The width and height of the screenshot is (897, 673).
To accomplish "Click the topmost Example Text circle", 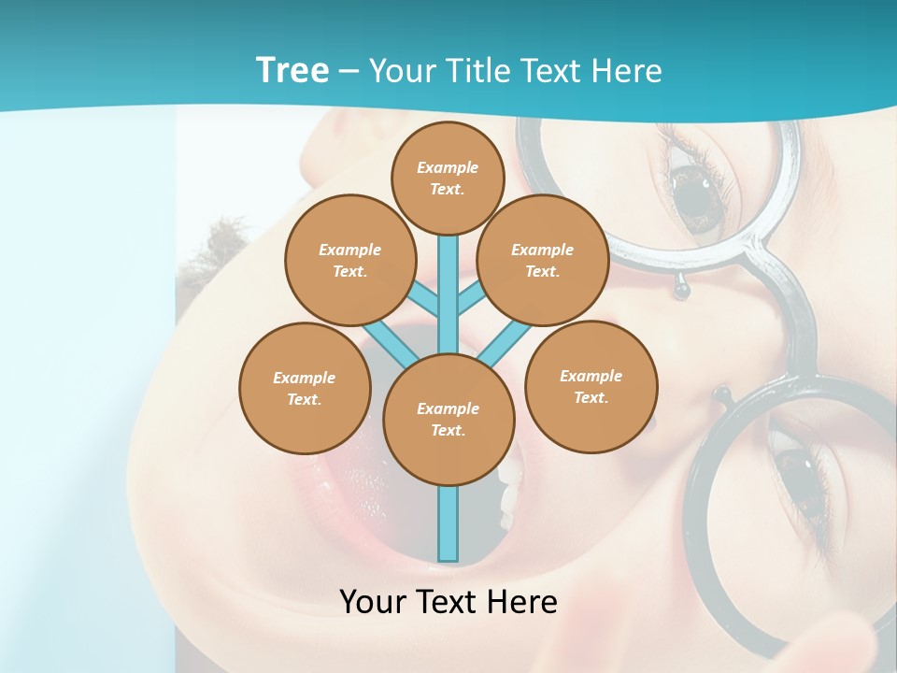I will click(x=448, y=178).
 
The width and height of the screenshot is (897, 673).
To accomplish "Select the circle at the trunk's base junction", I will click(x=448, y=419).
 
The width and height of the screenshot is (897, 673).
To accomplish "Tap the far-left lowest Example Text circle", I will click(x=305, y=388).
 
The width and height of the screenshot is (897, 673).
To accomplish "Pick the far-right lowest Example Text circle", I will click(x=591, y=386).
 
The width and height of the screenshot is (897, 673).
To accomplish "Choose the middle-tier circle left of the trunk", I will click(x=350, y=260).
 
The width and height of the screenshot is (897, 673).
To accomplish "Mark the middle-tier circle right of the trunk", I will click(x=543, y=260).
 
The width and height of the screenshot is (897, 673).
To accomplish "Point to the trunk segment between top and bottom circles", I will click(x=448, y=294).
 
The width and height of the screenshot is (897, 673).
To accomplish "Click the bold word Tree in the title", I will click(x=292, y=70).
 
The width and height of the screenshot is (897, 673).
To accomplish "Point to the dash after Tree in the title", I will click(x=349, y=71).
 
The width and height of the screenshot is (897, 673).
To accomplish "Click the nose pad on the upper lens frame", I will click(x=683, y=291).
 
